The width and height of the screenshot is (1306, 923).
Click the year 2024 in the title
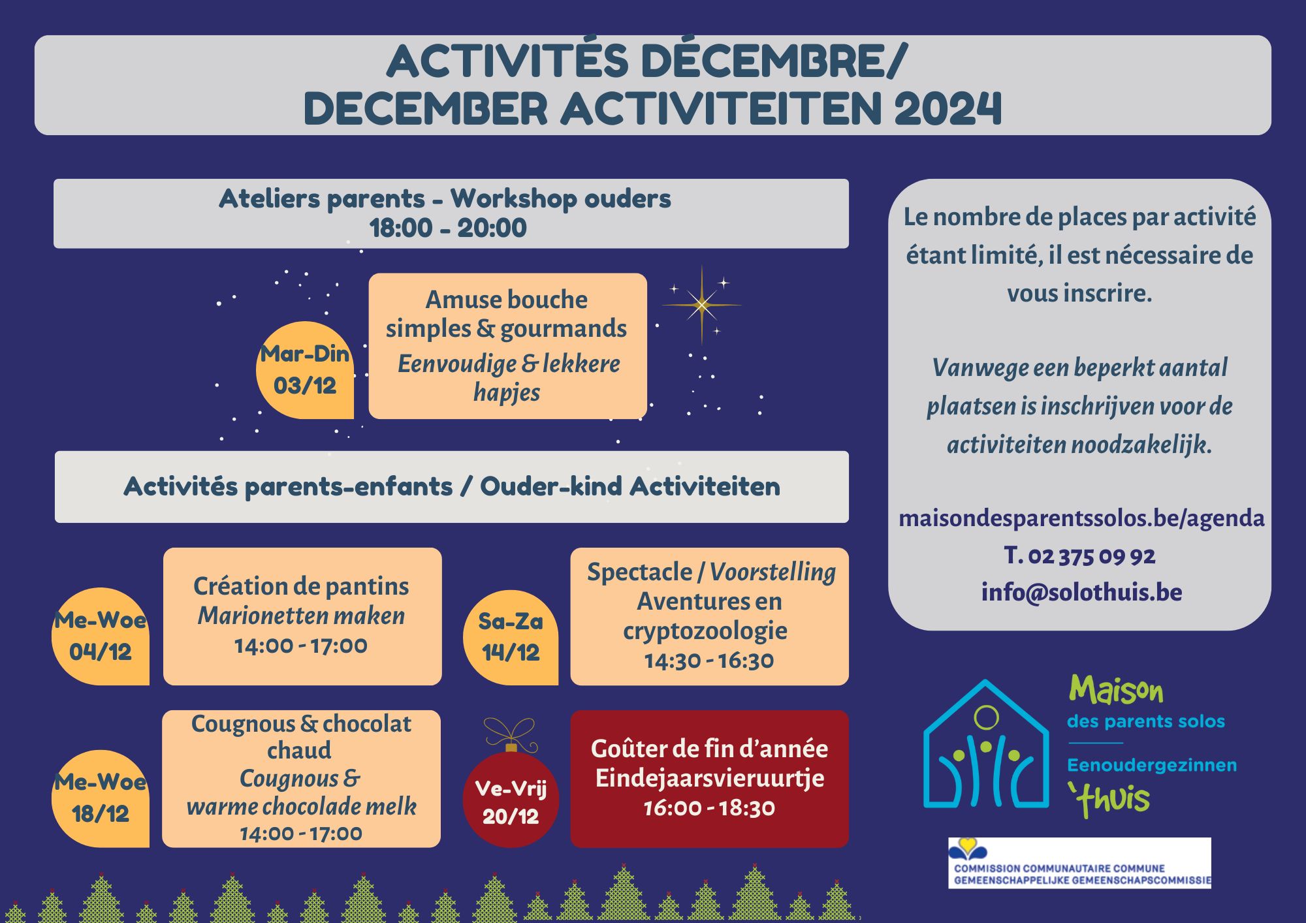coord(948,108)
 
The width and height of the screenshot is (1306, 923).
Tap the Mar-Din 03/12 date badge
coord(305,370)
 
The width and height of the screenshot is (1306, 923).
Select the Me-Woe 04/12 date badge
coord(101,636)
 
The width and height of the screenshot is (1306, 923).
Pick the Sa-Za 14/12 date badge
coord(511,637)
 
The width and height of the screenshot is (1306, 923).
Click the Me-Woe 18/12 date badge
coord(101,798)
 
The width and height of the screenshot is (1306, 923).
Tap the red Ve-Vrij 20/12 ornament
coord(511,800)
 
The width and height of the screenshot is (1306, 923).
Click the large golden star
coord(702,305)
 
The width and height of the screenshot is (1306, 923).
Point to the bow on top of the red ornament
coord(510,734)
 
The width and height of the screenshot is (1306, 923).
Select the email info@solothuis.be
coord(1081,592)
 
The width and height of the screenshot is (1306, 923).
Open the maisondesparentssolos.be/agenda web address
coord(1081,518)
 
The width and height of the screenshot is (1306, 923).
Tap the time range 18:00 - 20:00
coord(448,228)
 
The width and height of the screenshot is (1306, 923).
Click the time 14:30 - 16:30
coord(709,661)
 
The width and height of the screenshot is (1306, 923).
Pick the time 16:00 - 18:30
coord(709,808)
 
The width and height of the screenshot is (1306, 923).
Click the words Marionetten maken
coord(301,616)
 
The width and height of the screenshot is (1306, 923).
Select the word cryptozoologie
coord(705,631)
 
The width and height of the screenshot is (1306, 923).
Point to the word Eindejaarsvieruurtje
coord(710,778)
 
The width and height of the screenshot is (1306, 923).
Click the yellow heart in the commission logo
coord(968,846)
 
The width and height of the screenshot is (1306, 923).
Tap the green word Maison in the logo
coord(1116,691)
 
